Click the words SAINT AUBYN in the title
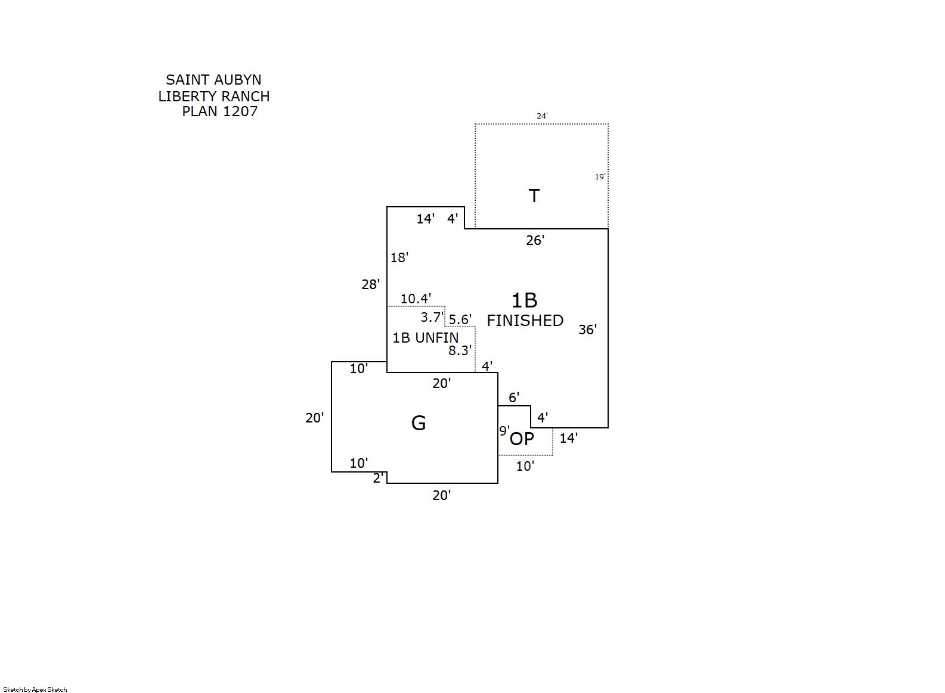click(x=213, y=80)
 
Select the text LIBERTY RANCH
click(x=213, y=96)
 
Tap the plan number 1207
click(x=240, y=111)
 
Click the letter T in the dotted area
click(x=534, y=195)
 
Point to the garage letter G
click(x=419, y=423)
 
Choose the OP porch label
click(x=522, y=439)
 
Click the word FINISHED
click(x=525, y=321)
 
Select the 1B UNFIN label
click(x=425, y=338)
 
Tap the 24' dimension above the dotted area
click(x=542, y=116)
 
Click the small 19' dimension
click(x=600, y=177)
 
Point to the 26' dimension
click(x=535, y=240)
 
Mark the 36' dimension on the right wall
click(x=587, y=330)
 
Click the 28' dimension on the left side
click(x=370, y=285)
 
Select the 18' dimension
click(x=399, y=257)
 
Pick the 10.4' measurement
click(x=416, y=299)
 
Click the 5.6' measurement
click(x=460, y=320)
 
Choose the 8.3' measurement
click(x=460, y=351)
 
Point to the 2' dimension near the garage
click(x=377, y=478)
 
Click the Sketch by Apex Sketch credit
click(x=35, y=689)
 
